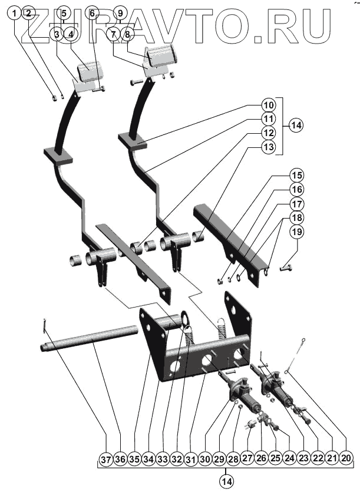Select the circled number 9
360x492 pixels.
119,13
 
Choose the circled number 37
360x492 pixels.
106,457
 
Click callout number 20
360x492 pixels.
346,457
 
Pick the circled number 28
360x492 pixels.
232,457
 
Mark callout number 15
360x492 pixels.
297,175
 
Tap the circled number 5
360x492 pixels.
64,13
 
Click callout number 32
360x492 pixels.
176,457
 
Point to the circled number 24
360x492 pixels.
289,457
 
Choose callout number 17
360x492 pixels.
297,204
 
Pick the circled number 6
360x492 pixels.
92,13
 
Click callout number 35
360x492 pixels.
134,457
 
